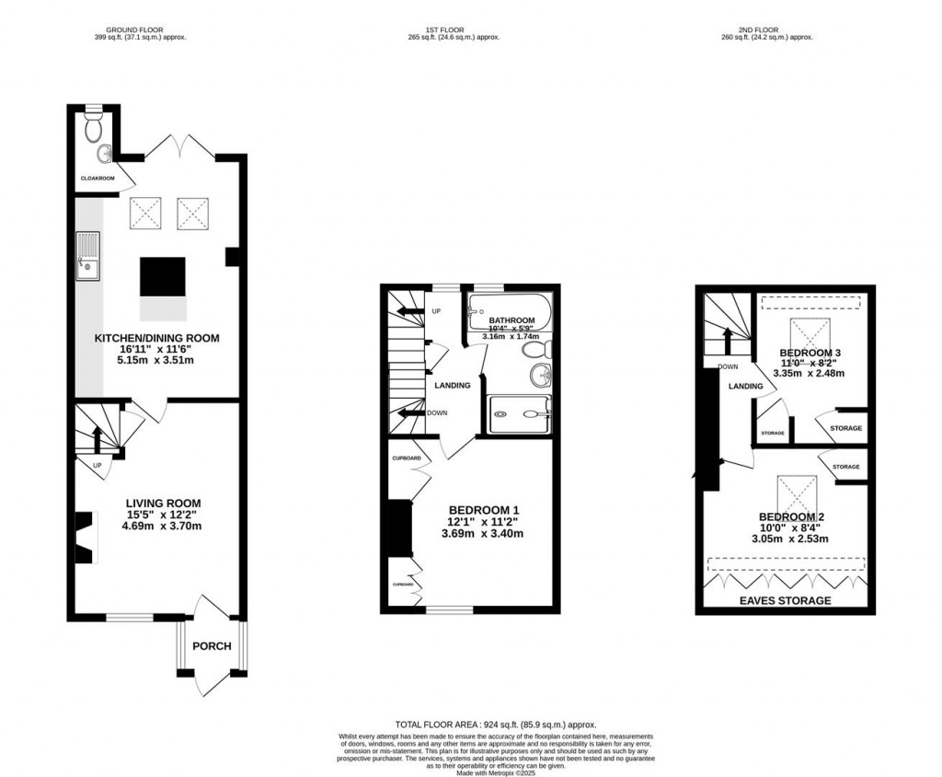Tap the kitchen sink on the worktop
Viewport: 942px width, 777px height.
(x=88, y=257)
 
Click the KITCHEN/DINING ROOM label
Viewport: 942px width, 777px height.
(x=157, y=339)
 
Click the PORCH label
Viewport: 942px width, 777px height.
(x=212, y=645)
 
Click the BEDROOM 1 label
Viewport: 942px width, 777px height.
(x=484, y=510)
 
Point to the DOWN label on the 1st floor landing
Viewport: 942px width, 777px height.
(x=438, y=413)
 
